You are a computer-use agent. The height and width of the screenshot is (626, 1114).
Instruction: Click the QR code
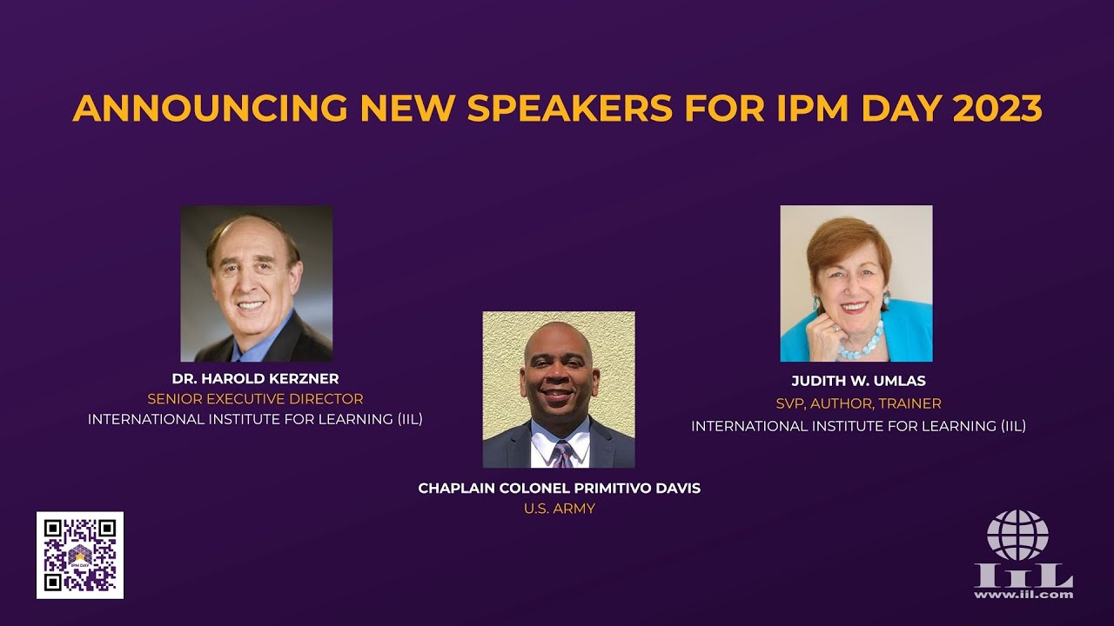tap(80, 555)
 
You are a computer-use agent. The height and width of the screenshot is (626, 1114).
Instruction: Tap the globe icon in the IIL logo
tap(1017, 535)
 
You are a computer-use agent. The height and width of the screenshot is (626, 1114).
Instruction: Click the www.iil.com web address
tap(1023, 595)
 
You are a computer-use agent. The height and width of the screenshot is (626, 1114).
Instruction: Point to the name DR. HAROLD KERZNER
tap(255, 379)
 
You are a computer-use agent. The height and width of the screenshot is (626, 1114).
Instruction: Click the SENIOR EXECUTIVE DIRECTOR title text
tap(255, 399)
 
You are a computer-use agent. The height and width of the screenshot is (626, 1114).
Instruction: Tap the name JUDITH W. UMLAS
tap(858, 382)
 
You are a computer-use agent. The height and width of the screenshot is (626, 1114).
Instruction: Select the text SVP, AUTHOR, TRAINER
tap(858, 403)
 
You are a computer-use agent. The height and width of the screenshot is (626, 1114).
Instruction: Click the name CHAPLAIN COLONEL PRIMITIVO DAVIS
tap(559, 489)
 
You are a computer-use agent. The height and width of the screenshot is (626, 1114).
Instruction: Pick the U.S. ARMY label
tap(559, 509)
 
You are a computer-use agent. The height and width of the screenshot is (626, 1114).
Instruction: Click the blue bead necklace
tap(862, 344)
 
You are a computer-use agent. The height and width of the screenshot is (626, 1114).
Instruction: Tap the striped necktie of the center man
tap(561, 454)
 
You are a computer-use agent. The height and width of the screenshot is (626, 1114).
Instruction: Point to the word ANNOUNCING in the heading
tap(209, 109)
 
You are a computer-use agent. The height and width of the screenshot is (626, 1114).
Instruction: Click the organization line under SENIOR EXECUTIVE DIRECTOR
tap(255, 419)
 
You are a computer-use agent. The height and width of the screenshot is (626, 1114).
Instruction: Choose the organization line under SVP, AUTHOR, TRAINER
tap(858, 426)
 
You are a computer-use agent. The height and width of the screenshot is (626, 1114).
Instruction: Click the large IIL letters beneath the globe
tap(1023, 576)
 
